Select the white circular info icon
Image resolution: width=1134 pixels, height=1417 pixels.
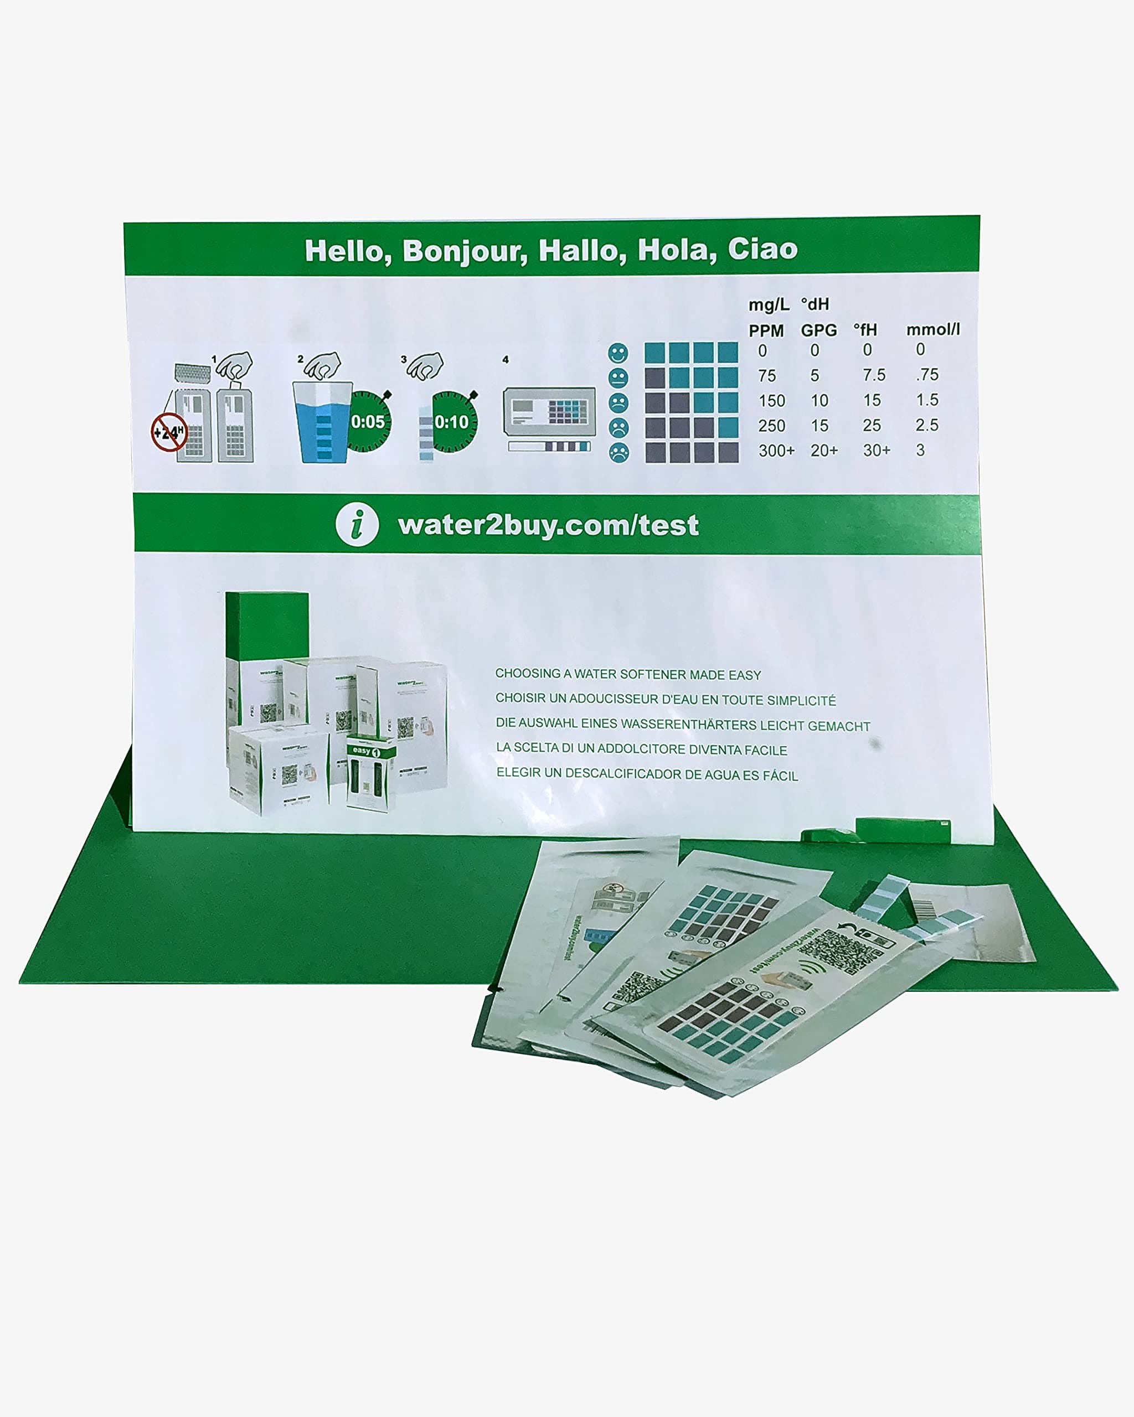pyautogui.click(x=357, y=525)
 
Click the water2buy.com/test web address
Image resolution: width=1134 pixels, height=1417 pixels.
pyautogui.click(x=548, y=525)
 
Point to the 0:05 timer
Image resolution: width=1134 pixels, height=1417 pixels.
pyautogui.click(x=368, y=422)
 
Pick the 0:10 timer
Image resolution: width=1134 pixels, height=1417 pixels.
pyautogui.click(x=452, y=422)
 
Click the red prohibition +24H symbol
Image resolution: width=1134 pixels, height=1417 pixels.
pyautogui.click(x=169, y=432)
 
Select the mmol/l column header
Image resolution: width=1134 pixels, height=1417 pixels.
pyautogui.click(x=933, y=329)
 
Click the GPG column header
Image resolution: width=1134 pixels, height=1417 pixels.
pyautogui.click(x=818, y=330)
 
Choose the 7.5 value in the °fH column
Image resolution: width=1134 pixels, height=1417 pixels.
pyautogui.click(x=874, y=375)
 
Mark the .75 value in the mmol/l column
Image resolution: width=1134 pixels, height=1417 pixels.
pyautogui.click(x=927, y=375)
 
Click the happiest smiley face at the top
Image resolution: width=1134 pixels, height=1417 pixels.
pyautogui.click(x=618, y=353)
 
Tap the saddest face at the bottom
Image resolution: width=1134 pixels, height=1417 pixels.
pyautogui.click(x=618, y=452)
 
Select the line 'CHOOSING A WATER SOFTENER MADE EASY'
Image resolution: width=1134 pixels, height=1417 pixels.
pyautogui.click(x=628, y=674)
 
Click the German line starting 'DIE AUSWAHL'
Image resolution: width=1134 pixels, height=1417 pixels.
pyautogui.click(x=682, y=724)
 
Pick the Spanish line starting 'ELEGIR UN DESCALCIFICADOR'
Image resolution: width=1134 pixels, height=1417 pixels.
pyautogui.click(x=647, y=774)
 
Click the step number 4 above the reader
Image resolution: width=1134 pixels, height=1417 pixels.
pyautogui.click(x=506, y=359)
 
